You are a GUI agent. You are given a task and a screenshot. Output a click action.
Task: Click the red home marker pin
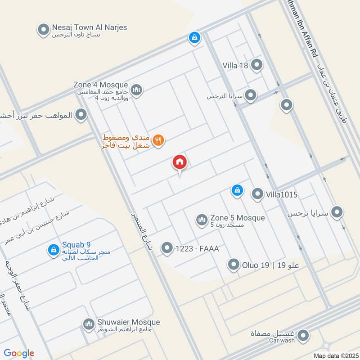tap(180, 162)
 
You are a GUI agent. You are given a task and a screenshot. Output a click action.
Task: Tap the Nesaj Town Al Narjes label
tap(89, 27)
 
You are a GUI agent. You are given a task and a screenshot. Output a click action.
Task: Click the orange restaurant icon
tap(157, 140)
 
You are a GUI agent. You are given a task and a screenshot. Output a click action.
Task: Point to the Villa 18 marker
tap(256, 65)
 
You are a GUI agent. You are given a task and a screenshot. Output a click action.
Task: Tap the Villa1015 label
tap(282, 194)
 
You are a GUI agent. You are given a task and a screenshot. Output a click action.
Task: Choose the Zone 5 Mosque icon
tap(201, 220)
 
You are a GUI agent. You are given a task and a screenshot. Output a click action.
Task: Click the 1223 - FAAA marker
tap(167, 248)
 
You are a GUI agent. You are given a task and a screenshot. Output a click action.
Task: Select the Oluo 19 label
tap(259, 265)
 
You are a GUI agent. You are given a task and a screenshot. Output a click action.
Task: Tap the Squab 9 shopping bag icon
tap(54, 249)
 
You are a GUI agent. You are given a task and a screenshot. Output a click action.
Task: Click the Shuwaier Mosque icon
tap(88, 324)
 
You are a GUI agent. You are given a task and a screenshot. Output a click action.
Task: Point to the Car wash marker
tap(303, 335)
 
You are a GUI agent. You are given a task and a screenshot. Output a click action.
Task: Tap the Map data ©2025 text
tap(335, 356)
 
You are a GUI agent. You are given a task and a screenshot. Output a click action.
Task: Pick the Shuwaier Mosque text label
tap(128, 323)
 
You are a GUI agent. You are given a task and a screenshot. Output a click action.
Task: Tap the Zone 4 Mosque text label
tap(101, 85)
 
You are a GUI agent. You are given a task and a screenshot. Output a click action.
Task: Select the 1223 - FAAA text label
tap(197, 248)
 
